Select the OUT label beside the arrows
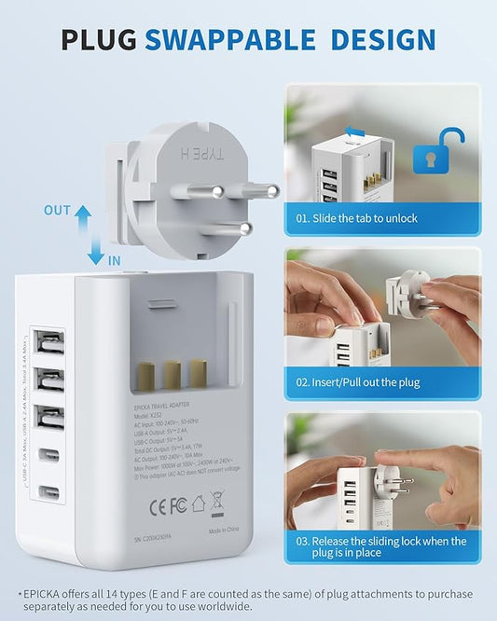click(57, 211)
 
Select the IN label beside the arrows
click(114, 261)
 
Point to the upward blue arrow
click(83, 218)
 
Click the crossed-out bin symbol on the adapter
click(216, 504)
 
